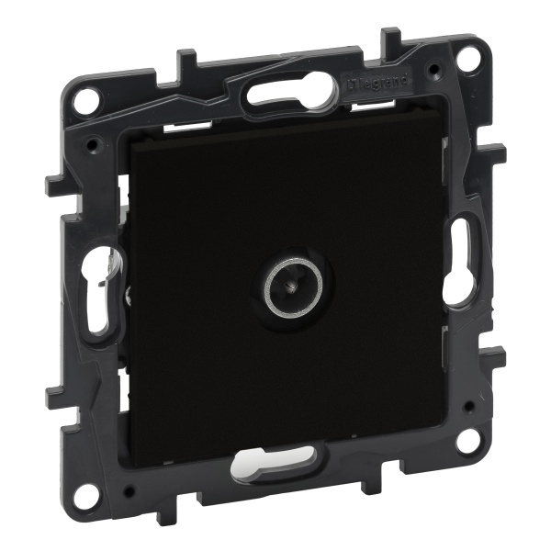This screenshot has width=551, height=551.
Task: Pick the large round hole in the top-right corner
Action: [x=467, y=59]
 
